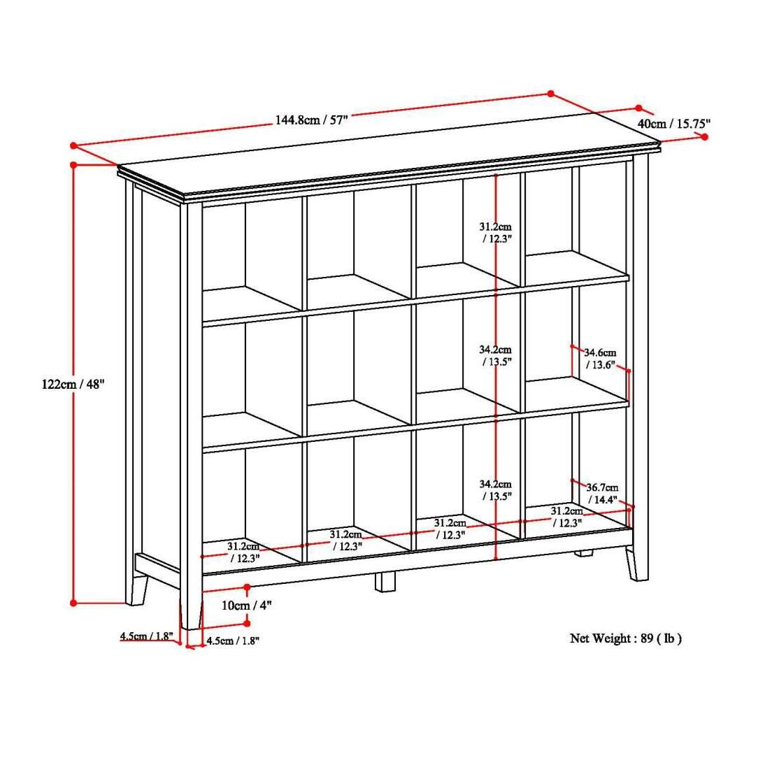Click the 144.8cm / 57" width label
click(311, 120)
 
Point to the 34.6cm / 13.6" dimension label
click(600, 358)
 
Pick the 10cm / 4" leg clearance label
click(246, 605)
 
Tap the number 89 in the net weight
click(646, 638)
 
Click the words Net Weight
click(599, 638)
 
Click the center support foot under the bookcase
click(385, 581)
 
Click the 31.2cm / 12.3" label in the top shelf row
click(495, 232)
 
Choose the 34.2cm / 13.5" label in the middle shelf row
click(495, 355)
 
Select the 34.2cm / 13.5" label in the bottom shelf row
click(495, 489)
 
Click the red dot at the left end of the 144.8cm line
click(73, 145)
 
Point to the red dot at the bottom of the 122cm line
click(73, 602)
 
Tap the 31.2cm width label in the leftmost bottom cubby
click(243, 552)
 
